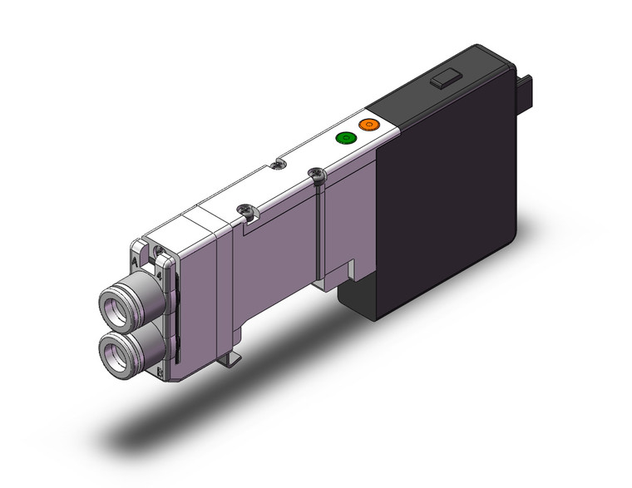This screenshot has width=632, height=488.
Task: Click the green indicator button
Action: point(343,137)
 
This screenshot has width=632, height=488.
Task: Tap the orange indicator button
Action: point(368,126)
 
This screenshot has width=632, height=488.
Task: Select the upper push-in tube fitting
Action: point(117,299)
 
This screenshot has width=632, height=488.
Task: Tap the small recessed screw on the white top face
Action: point(277,165)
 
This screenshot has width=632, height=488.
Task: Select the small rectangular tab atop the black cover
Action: point(442,81)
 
